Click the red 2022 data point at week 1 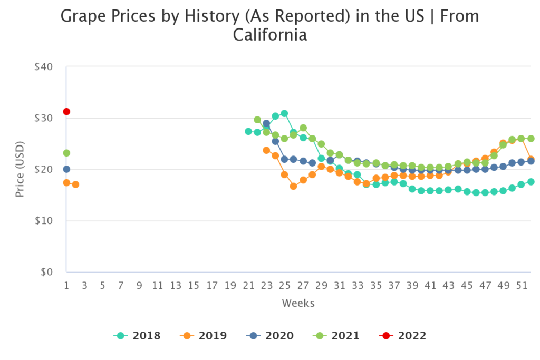(x=66, y=112)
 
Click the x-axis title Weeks (x=298, y=303)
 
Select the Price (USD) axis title (x=20, y=169)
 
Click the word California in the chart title (x=269, y=35)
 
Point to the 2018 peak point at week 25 (x=284, y=113)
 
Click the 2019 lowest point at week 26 (x=293, y=186)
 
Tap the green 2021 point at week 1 (x=66, y=153)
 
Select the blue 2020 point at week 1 (x=66, y=169)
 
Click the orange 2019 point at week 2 (x=75, y=184)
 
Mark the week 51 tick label (x=521, y=286)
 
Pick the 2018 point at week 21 (x=248, y=131)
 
